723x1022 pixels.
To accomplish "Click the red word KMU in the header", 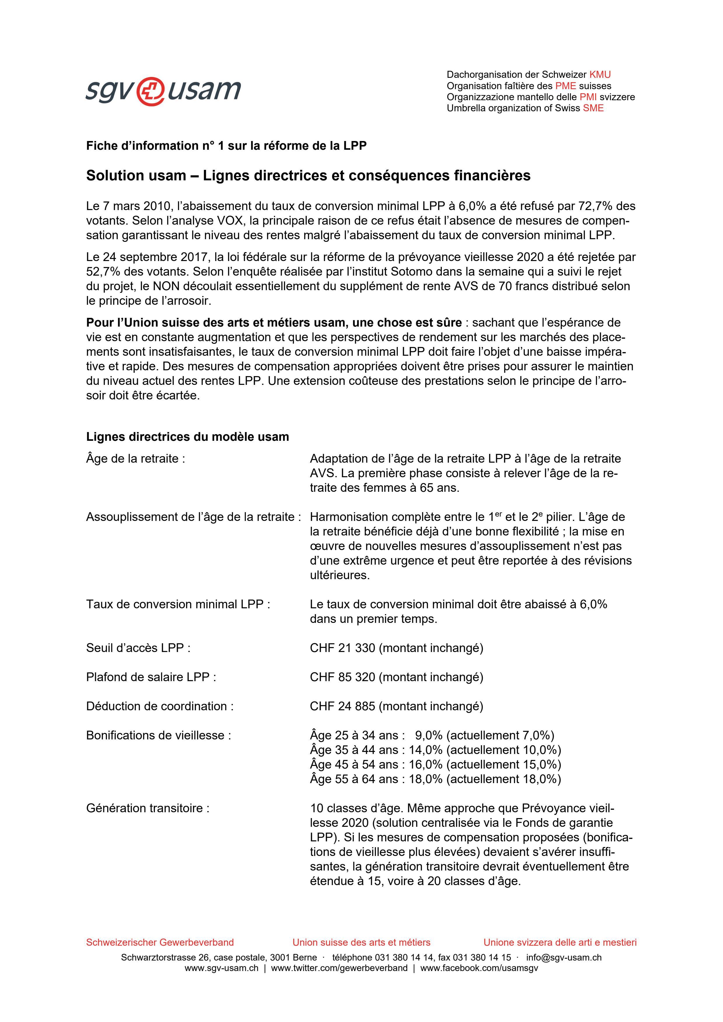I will [x=600, y=75].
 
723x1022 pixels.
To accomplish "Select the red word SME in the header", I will [x=594, y=108].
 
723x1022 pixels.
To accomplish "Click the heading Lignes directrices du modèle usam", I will [x=188, y=437].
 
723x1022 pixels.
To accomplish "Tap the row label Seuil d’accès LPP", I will [x=138, y=648].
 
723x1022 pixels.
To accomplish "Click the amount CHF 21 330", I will [x=342, y=648].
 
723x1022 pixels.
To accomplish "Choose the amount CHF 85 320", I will [x=342, y=677].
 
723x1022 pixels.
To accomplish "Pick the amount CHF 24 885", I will [x=342, y=706].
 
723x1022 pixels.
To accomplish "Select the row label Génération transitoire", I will [x=148, y=808].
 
